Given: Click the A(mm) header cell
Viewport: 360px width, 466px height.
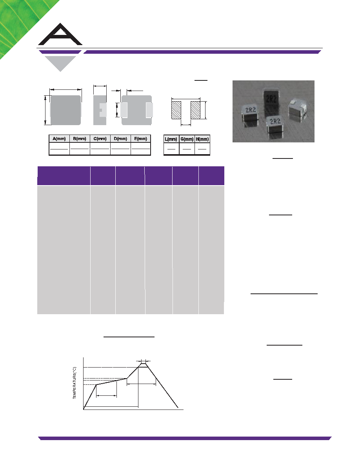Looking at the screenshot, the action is coord(59,139).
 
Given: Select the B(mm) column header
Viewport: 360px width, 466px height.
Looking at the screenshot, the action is coord(80,139).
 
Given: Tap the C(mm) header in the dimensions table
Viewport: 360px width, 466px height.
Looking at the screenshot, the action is coord(100,139).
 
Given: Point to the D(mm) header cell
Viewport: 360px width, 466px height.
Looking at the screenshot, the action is coord(121,139).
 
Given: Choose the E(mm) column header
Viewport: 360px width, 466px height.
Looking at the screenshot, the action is coord(141,139).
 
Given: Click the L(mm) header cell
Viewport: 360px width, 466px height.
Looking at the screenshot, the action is coord(171,139).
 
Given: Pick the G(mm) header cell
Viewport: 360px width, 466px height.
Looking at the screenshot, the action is coord(187,139).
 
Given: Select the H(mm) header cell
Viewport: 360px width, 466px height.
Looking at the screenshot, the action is coord(202,139).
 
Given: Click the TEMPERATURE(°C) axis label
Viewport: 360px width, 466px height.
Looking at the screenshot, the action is coord(74,383).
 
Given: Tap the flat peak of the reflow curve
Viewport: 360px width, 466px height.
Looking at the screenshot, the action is coord(143,367).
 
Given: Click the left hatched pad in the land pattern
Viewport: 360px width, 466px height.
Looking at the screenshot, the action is coord(176,110).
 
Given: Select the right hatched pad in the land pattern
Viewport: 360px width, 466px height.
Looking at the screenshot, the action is coord(195,110).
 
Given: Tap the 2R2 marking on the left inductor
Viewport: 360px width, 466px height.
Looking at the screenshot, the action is coord(251,110).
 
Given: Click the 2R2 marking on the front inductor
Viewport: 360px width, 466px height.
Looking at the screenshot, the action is coord(275,121).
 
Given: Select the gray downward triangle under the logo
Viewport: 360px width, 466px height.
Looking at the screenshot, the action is coord(60,64).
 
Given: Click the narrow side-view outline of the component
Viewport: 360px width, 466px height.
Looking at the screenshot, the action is coord(100,110).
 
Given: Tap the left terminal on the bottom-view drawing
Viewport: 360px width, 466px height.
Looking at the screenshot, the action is coord(124,110).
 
